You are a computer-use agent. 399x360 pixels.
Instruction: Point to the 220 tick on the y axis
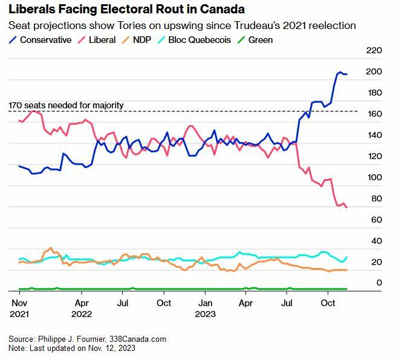pos(374,50)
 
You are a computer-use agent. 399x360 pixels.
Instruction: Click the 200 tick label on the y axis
pos(374,71)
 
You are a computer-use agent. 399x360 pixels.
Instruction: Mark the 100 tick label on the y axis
pos(374,177)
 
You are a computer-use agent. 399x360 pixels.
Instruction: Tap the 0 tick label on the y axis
pos(379,283)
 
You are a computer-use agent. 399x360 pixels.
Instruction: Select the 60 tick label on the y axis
pos(377,220)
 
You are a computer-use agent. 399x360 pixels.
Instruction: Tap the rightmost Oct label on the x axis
pos(328,302)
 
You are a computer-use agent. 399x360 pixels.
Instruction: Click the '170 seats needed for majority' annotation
pos(66,105)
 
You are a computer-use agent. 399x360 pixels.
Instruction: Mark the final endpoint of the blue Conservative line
pos(346,74)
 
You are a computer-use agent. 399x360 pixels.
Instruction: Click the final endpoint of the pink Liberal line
pos(346,208)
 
